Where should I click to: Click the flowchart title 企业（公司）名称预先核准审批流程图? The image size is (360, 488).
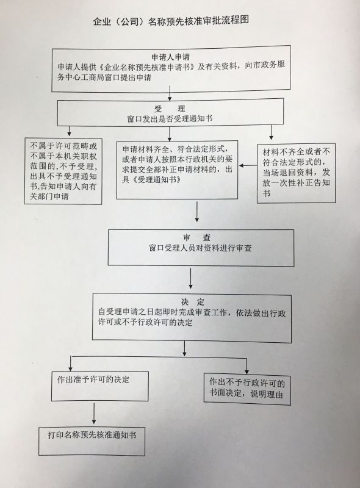(171, 21)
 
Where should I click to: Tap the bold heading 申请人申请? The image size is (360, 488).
(170, 57)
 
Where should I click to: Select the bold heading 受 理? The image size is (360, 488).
(170, 109)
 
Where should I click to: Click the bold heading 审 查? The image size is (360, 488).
(197, 238)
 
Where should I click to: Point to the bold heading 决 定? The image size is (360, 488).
(193, 302)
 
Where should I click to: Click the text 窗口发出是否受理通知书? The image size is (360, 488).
(170, 118)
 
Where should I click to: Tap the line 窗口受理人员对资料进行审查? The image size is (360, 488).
(200, 248)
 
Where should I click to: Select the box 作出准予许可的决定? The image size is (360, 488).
(100, 386)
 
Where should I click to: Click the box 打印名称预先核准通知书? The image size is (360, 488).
(92, 441)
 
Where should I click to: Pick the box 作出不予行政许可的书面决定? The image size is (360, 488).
(247, 389)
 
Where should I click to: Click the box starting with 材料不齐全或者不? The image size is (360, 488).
(296, 173)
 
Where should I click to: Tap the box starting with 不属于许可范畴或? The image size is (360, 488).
(63, 171)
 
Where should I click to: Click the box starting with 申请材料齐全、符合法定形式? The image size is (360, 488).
(177, 170)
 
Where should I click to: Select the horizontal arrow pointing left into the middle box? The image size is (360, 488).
(248, 166)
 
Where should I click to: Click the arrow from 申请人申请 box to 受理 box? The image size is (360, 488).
(170, 93)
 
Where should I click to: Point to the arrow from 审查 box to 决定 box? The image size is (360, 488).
(190, 278)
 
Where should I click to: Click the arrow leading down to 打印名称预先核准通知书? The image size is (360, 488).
(94, 414)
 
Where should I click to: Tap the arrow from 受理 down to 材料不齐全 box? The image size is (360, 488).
(272, 132)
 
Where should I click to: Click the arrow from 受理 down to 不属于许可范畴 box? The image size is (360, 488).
(69, 130)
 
